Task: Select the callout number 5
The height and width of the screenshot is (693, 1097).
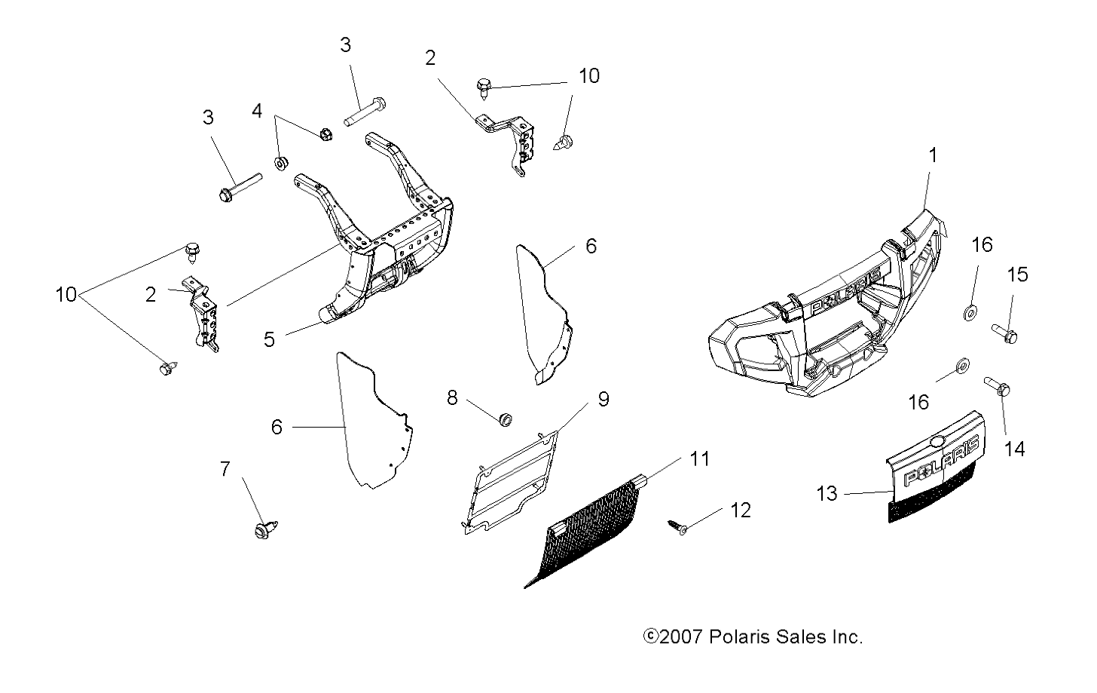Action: [269, 339]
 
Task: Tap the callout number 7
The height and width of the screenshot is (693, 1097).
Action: [225, 468]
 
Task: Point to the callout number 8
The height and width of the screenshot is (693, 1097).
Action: [452, 397]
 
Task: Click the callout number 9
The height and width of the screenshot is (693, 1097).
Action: [603, 399]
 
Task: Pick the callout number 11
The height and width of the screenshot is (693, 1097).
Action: [700, 458]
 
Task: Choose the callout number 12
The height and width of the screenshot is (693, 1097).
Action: [741, 511]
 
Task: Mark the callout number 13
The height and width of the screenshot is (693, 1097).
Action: [827, 494]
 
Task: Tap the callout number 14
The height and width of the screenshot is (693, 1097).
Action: [1015, 449]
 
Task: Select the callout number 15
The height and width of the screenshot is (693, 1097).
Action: [1017, 274]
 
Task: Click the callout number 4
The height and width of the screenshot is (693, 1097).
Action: [257, 111]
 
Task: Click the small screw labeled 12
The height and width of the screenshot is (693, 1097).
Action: [676, 526]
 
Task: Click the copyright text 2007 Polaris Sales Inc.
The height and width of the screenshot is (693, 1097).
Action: [753, 637]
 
